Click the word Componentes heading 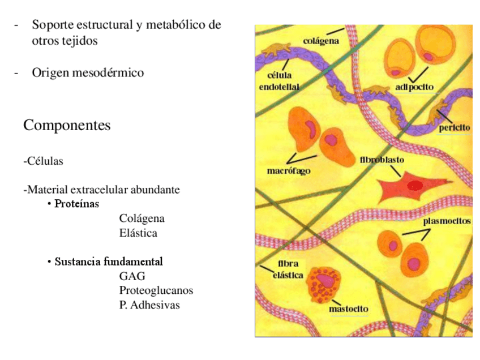(x=67, y=125)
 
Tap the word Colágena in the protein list (x=142, y=218)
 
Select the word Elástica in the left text (x=138, y=233)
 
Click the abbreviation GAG (x=132, y=276)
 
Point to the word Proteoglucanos (x=156, y=290)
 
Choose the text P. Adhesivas (x=149, y=305)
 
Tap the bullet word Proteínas (x=76, y=203)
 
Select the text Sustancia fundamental (x=109, y=262)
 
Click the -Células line (x=43, y=161)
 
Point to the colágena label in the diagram (x=321, y=41)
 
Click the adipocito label (x=414, y=87)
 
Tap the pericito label (x=455, y=128)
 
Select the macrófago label (x=288, y=170)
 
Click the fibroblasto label (x=382, y=160)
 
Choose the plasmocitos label (x=447, y=221)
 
